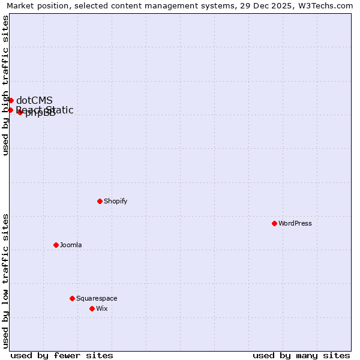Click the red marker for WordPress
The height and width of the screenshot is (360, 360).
click(x=274, y=223)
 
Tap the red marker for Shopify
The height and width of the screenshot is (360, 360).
click(x=100, y=201)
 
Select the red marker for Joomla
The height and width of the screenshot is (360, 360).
click(x=56, y=245)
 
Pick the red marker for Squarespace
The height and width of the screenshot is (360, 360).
click(x=72, y=298)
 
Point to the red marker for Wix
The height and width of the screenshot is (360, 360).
click(x=92, y=308)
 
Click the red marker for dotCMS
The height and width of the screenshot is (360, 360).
click(x=11, y=100)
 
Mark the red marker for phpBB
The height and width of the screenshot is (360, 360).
click(x=20, y=112)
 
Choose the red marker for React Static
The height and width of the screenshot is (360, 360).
click(x=10, y=110)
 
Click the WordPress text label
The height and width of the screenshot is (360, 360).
click(x=295, y=223)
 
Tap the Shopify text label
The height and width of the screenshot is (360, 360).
click(x=116, y=201)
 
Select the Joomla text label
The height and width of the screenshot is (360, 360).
click(x=71, y=245)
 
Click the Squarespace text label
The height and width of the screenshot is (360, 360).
click(x=97, y=298)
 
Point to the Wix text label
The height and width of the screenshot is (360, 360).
click(x=102, y=308)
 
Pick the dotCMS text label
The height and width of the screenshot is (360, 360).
click(x=34, y=100)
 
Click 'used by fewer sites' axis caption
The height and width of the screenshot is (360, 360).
click(x=62, y=355)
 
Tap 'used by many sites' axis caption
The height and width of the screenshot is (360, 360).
click(x=301, y=355)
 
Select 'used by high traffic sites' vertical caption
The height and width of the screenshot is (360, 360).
click(x=5, y=85)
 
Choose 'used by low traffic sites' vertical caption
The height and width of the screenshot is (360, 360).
click(x=5, y=281)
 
